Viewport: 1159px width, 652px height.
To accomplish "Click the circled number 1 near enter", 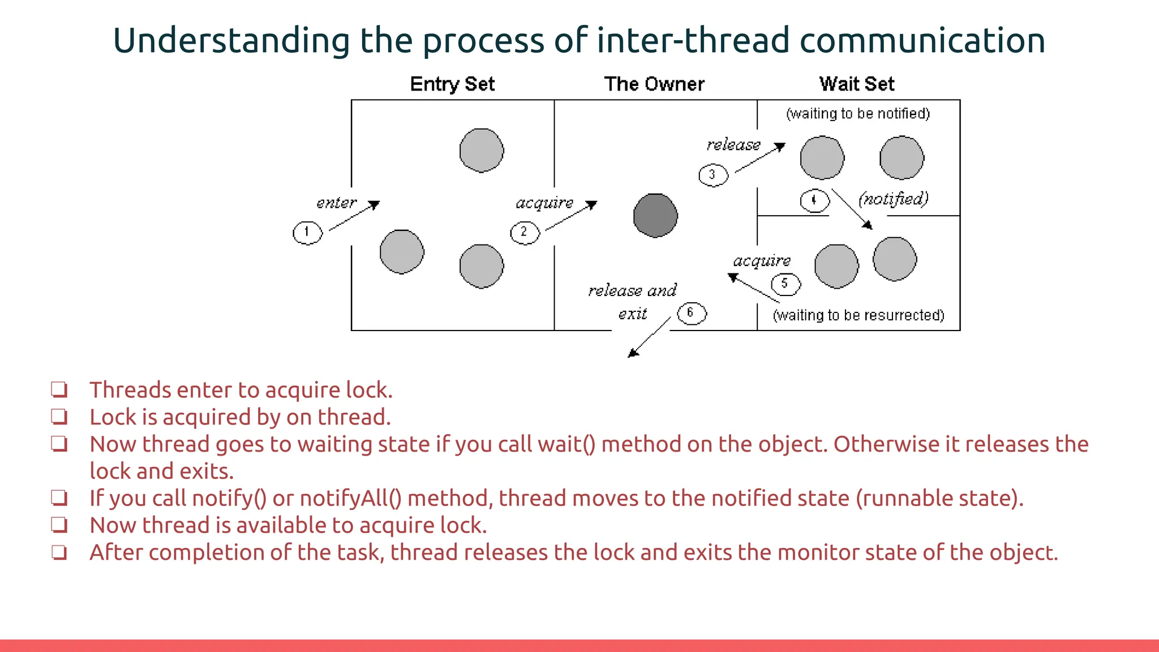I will tap(307, 233).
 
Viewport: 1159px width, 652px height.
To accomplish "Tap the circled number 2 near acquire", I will tap(525, 233).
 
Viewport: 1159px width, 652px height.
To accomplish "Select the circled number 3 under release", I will tap(712, 175).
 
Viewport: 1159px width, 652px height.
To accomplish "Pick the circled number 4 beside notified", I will tap(814, 200).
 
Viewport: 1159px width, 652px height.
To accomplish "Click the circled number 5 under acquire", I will tap(785, 284).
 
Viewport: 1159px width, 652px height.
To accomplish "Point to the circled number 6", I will tap(692, 313).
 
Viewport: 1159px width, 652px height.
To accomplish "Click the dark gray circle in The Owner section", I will tap(655, 216).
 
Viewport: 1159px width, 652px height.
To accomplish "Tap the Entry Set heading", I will tap(452, 84).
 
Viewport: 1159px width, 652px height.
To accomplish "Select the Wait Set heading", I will tap(857, 84).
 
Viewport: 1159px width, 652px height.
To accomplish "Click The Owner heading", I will tap(654, 84).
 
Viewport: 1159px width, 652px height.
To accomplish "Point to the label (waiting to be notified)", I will tap(858, 114).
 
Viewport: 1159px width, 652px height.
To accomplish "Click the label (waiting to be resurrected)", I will tap(858, 315).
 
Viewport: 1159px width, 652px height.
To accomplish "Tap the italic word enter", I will tap(336, 203).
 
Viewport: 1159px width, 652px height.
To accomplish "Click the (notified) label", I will tap(894, 199).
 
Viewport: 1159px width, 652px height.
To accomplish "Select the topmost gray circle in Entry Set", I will tap(482, 150).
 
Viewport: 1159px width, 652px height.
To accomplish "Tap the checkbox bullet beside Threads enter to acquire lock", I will tap(59, 390).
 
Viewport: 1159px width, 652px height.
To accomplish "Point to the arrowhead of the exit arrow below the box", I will tap(632, 354).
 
